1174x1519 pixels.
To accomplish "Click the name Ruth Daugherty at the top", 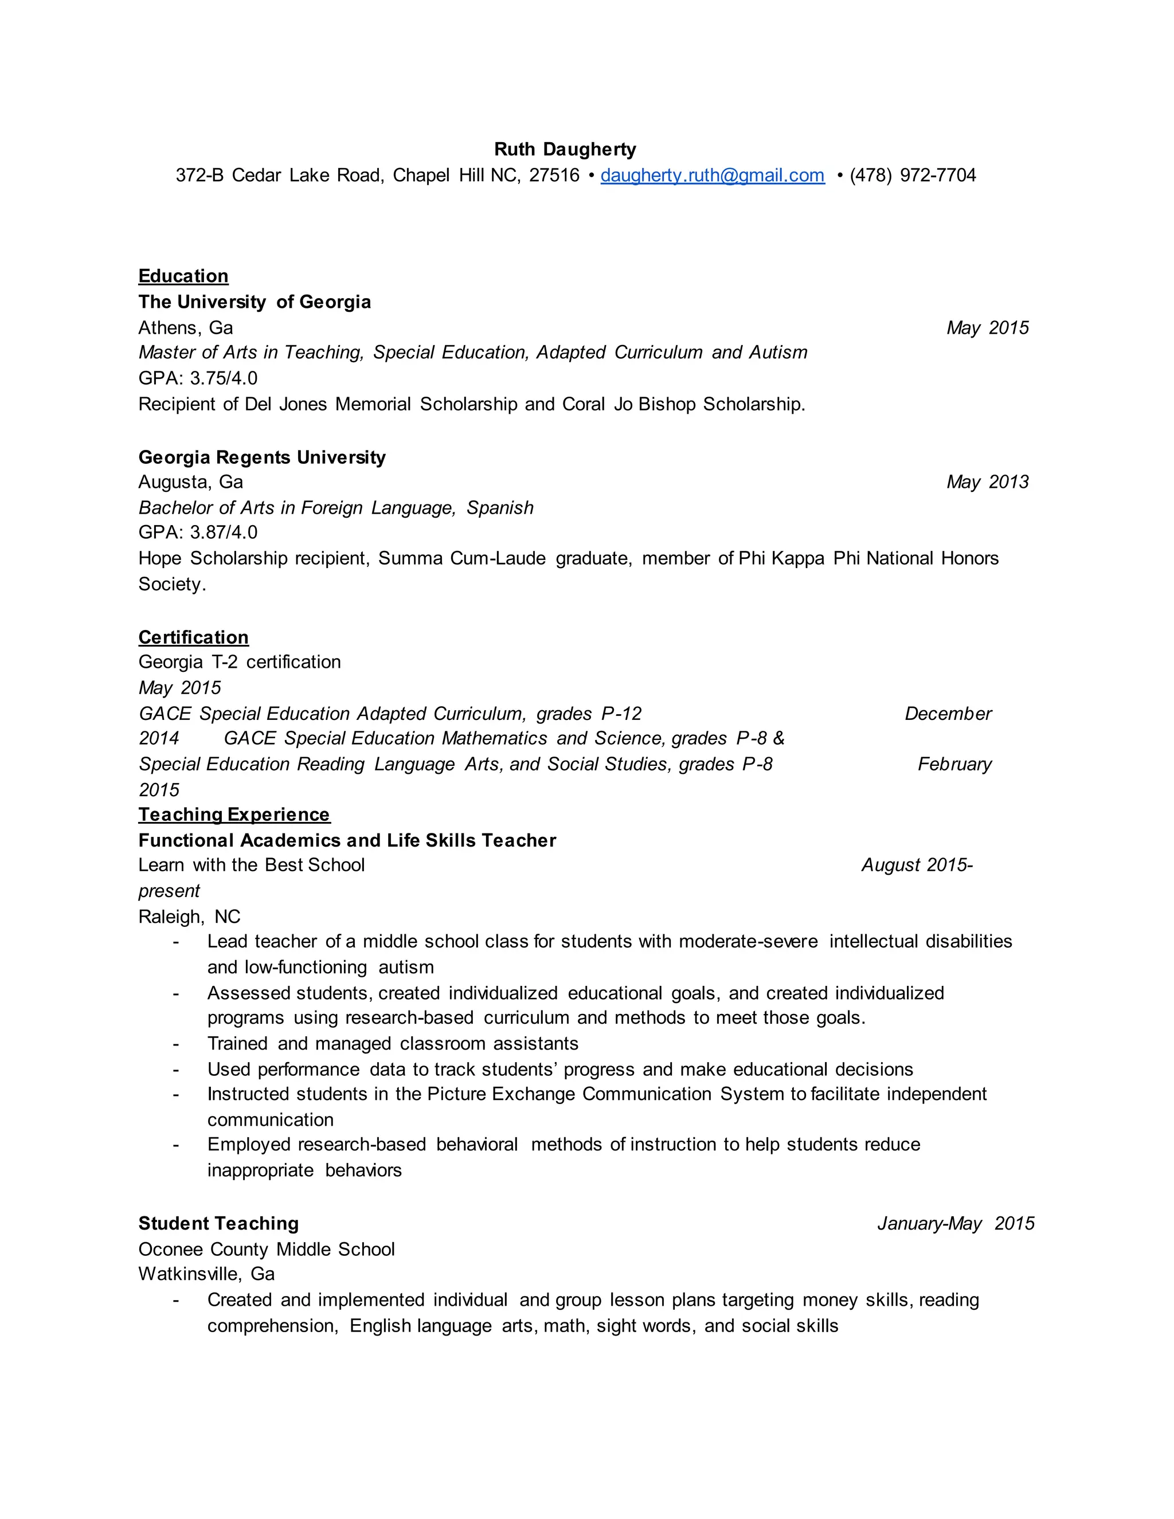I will coord(565,150).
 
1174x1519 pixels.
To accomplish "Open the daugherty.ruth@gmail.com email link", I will coord(712,175).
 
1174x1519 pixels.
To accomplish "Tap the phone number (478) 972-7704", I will coord(913,175).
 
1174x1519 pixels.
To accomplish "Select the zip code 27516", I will coord(554,175).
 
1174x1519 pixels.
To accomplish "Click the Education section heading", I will coord(183,276).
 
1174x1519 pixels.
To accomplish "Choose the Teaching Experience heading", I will coord(234,815).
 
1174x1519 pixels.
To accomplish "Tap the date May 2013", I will coord(987,482).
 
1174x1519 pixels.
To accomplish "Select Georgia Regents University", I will coord(261,457).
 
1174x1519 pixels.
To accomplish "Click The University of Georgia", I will coord(255,302).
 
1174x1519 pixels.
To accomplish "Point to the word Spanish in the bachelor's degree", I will coord(500,508).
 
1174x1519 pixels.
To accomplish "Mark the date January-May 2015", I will coord(956,1223).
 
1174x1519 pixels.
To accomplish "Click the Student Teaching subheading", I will coord(218,1223).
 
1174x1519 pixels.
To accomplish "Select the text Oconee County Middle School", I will coord(267,1249).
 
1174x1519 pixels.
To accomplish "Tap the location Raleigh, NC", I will coord(189,917).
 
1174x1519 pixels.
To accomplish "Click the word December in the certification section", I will coord(948,714).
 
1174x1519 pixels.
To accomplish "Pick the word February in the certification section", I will coord(954,764).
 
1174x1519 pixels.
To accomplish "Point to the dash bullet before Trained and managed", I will coord(176,1044).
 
